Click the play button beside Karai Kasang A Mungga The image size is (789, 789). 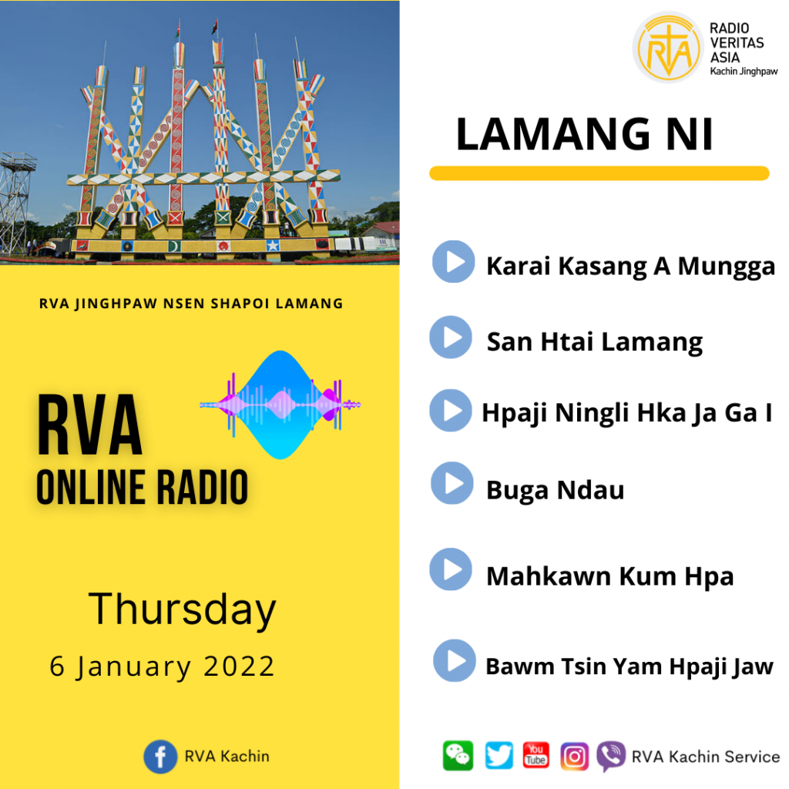point(453,262)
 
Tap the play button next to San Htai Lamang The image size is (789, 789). point(451,337)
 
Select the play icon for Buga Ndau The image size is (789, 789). point(452,483)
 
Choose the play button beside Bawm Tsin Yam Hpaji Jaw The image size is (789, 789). point(455,660)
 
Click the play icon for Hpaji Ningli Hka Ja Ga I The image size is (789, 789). point(451,410)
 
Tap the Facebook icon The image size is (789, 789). point(160,757)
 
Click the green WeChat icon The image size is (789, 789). point(458,756)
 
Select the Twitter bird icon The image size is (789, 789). point(499,755)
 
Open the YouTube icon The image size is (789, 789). point(536,755)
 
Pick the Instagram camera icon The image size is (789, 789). point(575,756)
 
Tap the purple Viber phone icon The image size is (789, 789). point(611,756)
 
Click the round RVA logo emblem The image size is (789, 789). point(668,47)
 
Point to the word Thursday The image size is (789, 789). point(182,609)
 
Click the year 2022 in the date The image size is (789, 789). point(239,666)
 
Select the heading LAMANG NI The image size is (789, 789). point(584,134)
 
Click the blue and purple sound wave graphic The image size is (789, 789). point(280,405)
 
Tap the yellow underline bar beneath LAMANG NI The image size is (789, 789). point(599,173)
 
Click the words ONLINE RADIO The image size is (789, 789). point(143,487)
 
